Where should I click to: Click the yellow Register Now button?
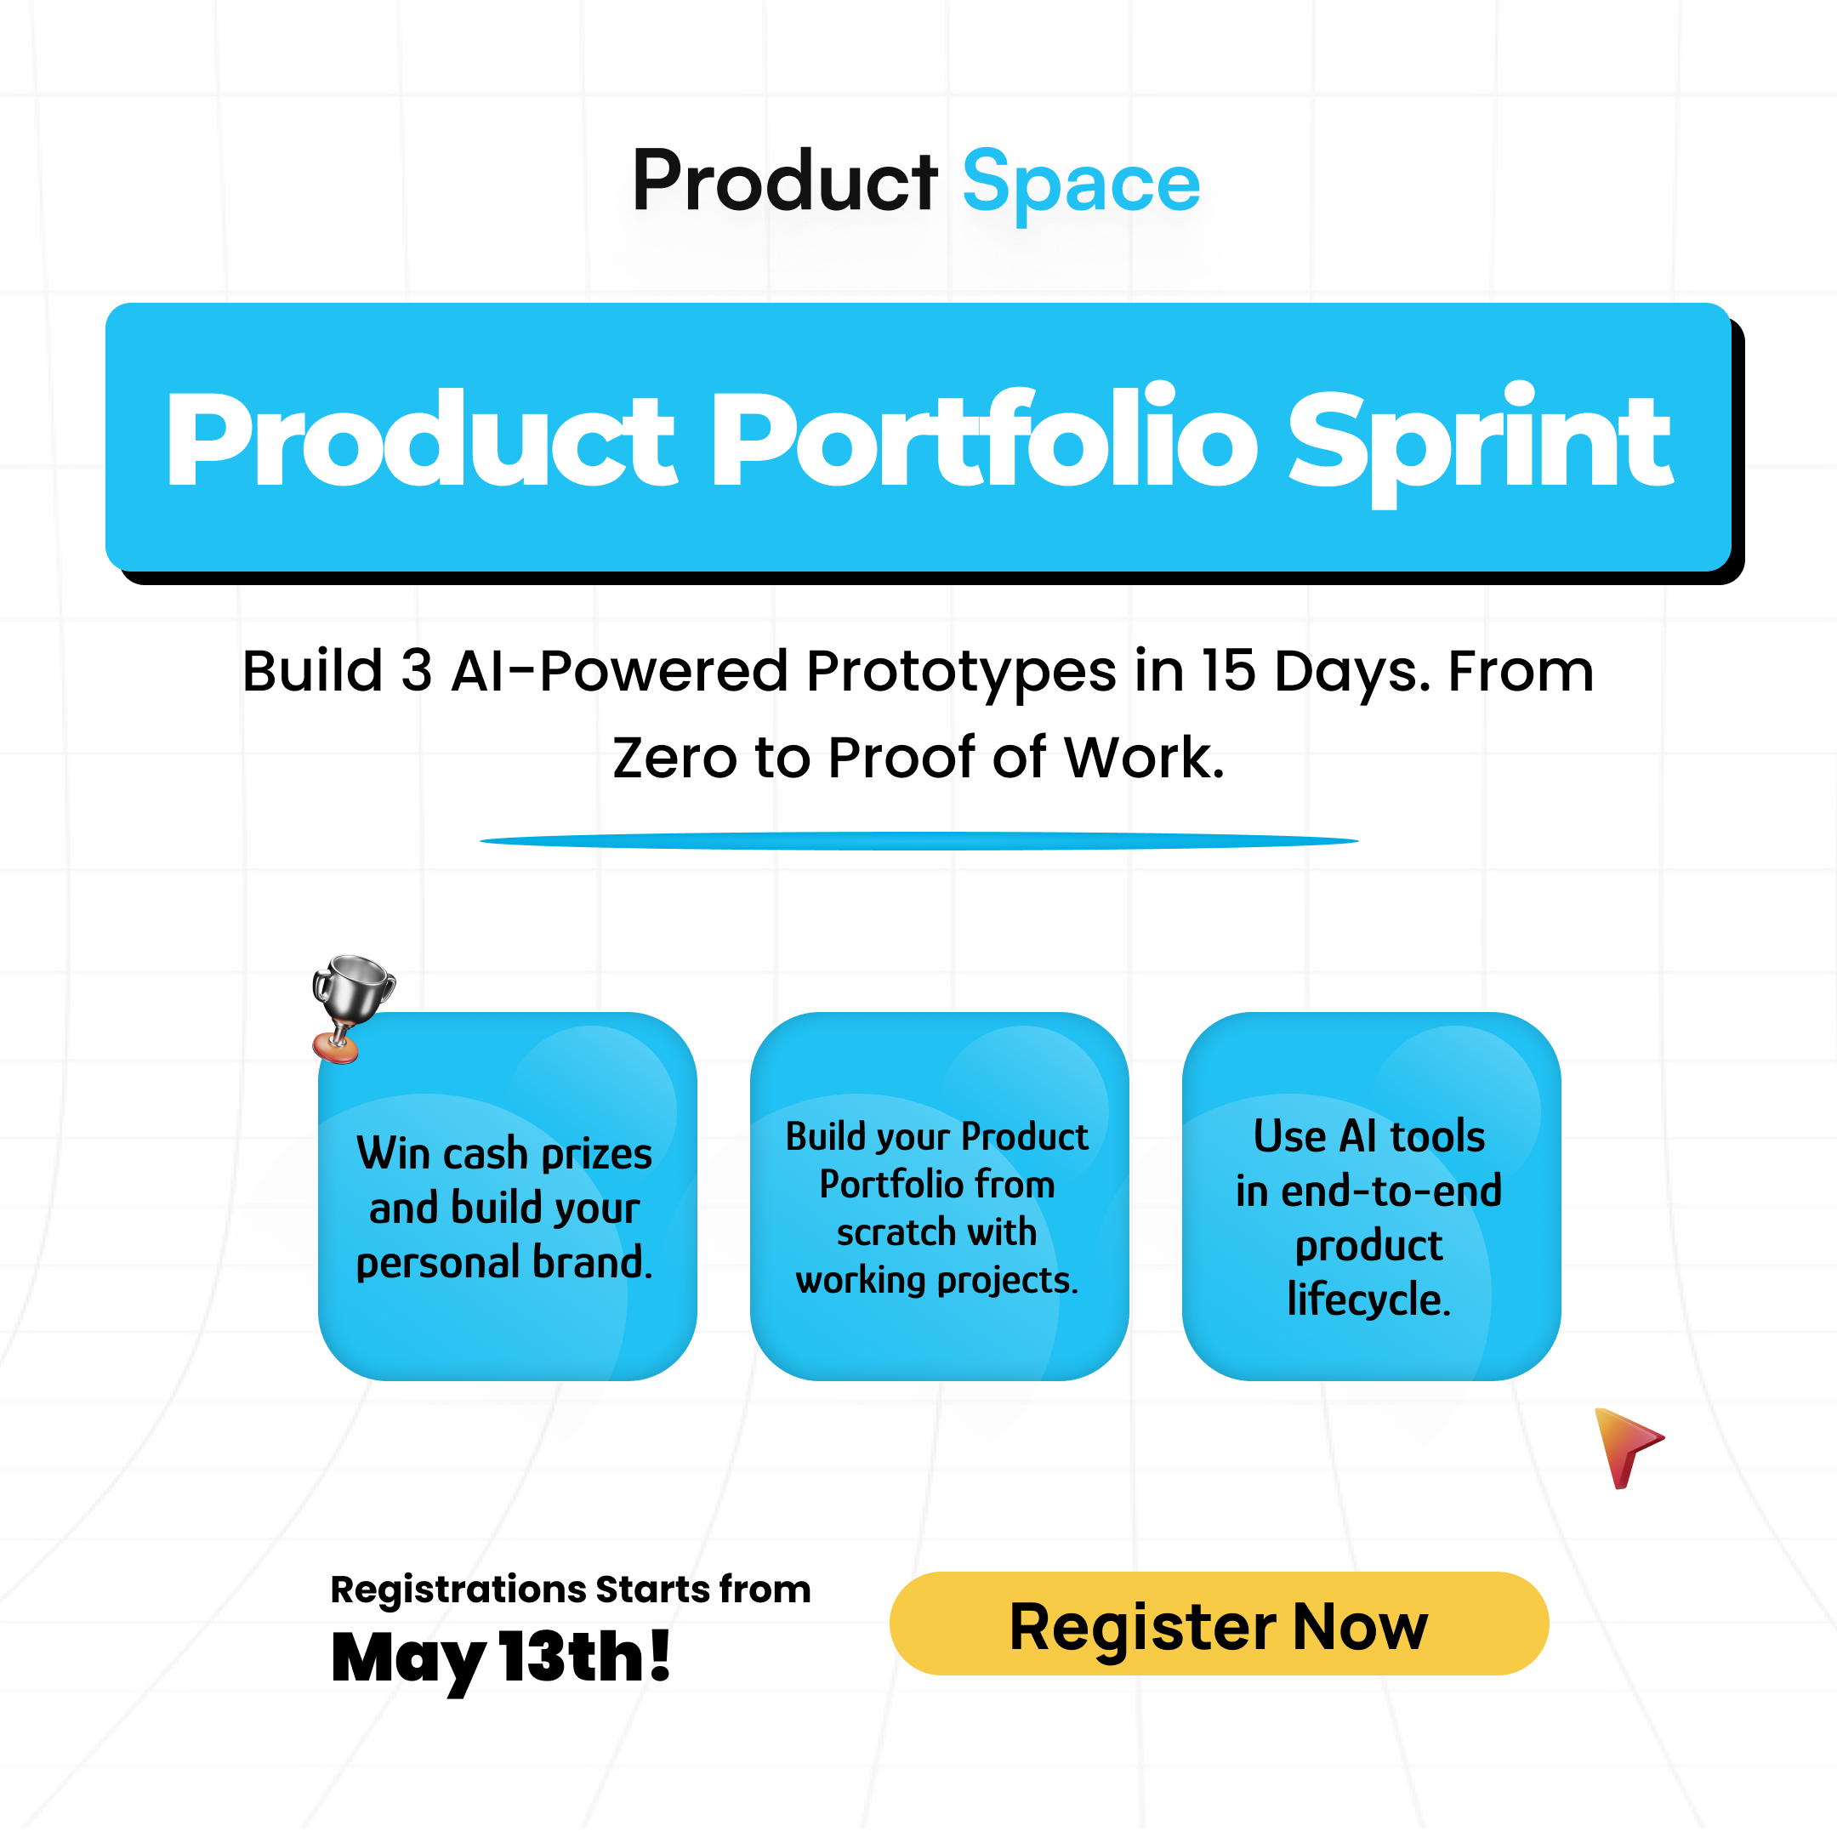coord(1219,1624)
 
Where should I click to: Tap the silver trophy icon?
coord(353,1009)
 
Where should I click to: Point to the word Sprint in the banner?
coord(1480,442)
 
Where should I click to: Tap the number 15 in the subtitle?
coord(1228,671)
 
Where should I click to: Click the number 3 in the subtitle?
coord(417,671)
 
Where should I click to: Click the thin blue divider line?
coord(918,840)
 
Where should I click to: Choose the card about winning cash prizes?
coord(508,1196)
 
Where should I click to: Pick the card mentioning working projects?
coord(940,1196)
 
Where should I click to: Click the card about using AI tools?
coord(1371,1196)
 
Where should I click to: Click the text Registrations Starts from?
coord(571,1590)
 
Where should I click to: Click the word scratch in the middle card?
coord(893,1233)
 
